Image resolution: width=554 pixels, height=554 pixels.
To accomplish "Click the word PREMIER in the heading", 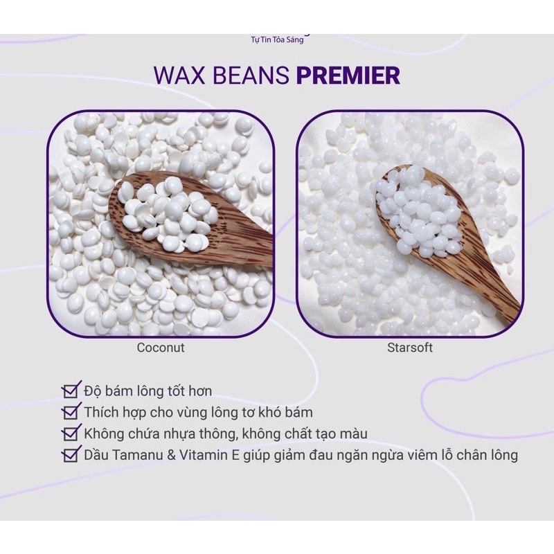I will click(x=348, y=75).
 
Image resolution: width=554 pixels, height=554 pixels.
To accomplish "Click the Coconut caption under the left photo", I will click(x=161, y=348).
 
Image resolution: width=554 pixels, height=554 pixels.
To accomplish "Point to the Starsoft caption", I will click(x=410, y=348).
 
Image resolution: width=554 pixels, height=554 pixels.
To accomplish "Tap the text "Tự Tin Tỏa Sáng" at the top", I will click(x=277, y=39).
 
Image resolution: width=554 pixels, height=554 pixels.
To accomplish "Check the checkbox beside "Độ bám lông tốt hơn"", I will click(x=70, y=392).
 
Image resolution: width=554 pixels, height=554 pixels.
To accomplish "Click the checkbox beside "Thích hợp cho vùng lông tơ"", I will click(x=70, y=413).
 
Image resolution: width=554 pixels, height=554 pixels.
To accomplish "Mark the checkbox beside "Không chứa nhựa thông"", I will click(x=70, y=434).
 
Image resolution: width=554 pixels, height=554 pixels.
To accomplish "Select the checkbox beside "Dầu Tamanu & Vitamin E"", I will click(x=70, y=456).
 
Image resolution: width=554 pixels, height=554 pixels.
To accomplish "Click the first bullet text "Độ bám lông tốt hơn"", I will click(x=154, y=392).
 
